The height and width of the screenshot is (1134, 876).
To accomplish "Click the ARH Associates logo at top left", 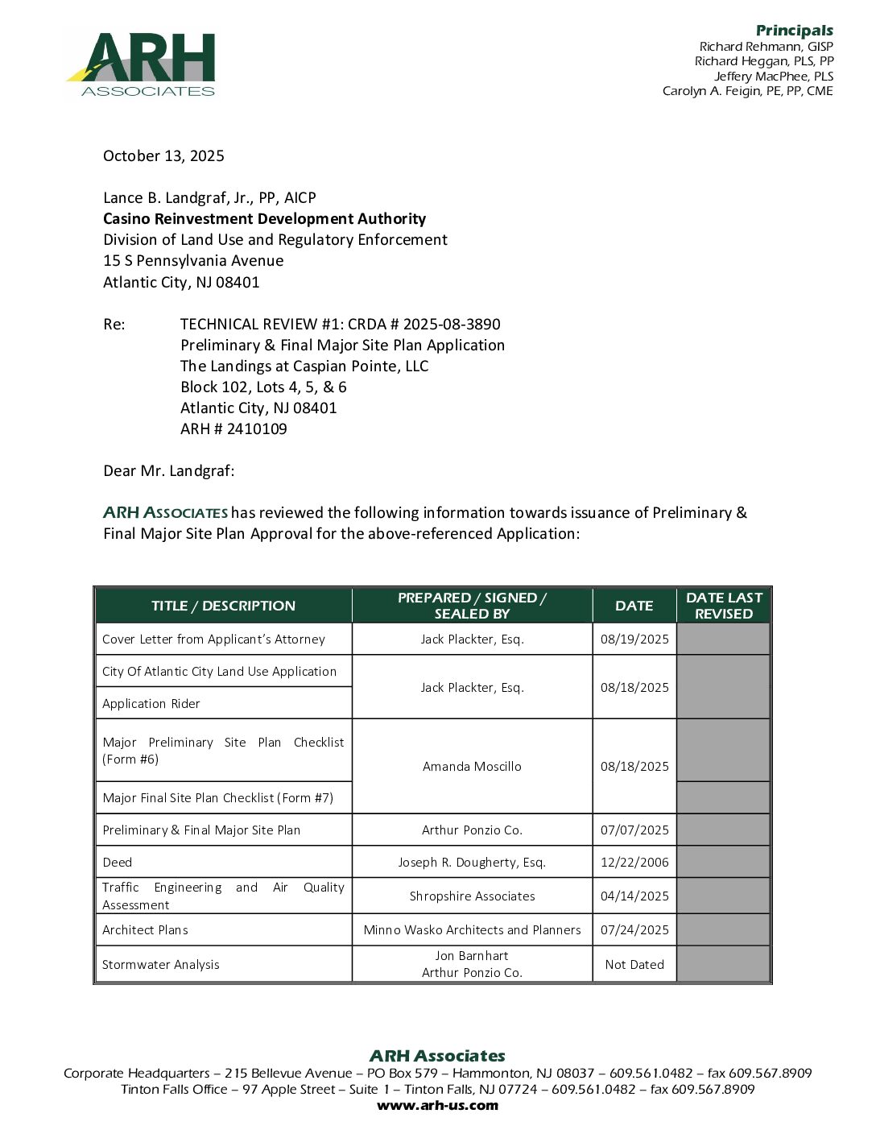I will (140, 64).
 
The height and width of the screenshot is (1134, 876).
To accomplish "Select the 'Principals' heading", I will (794, 31).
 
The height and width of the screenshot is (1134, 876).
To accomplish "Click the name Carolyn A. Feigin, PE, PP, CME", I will (747, 91).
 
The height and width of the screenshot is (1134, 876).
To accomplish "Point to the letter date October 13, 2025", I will (163, 156).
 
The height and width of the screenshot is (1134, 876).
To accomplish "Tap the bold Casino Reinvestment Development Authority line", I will (264, 219).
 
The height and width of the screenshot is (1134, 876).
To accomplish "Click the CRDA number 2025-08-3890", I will (452, 325).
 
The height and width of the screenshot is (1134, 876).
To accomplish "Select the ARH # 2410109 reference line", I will (233, 429).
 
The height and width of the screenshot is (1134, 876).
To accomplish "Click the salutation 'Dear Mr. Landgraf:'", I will (168, 471).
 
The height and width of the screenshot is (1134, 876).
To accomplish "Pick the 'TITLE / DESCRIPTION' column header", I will (223, 606).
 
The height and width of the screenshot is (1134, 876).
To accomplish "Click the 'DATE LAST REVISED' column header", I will (724, 606).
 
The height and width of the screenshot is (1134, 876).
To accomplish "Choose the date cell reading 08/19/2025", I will (634, 639).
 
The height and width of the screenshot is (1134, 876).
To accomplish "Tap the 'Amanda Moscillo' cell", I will (472, 767).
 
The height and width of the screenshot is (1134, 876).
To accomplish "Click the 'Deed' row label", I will (118, 863).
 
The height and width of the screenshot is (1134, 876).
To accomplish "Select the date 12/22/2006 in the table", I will (634, 863).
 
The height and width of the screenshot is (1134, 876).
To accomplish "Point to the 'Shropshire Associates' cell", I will (472, 896).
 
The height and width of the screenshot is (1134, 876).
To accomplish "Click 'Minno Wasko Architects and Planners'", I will (472, 930).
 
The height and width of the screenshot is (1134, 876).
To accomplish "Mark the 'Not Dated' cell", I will (634, 965).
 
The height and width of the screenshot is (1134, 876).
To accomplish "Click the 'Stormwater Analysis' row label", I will (161, 965).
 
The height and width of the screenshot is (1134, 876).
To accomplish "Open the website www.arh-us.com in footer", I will (437, 1106).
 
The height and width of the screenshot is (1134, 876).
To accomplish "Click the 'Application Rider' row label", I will (151, 704).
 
